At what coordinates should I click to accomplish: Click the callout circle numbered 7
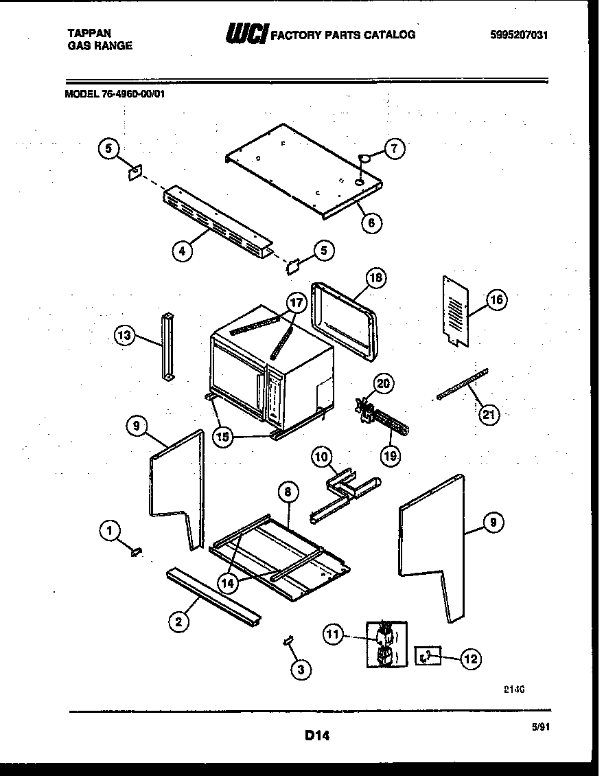(x=395, y=148)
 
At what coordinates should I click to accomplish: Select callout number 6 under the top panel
(x=371, y=222)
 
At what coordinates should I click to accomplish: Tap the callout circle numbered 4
(x=181, y=251)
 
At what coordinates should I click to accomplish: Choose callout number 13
(x=124, y=335)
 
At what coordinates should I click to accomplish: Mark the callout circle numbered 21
(x=490, y=414)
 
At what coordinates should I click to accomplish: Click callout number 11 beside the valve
(x=334, y=636)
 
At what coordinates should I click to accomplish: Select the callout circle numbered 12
(x=469, y=659)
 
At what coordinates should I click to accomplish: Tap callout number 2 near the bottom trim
(x=178, y=622)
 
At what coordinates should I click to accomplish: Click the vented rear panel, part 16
(x=454, y=309)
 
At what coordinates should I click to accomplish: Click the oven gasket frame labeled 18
(x=345, y=320)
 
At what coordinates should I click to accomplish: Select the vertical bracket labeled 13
(x=167, y=346)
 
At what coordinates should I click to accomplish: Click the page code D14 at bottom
(x=317, y=736)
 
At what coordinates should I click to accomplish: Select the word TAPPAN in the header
(x=89, y=32)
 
